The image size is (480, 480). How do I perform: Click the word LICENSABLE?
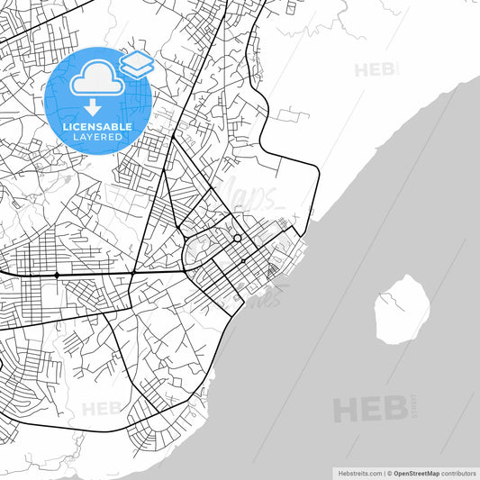point(96,127)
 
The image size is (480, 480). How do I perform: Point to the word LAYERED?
point(96,137)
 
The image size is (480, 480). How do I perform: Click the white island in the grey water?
point(402,309)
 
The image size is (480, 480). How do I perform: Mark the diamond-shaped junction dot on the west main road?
point(57,274)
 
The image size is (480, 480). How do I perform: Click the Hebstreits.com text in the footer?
point(359,472)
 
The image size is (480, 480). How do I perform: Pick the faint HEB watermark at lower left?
point(101,409)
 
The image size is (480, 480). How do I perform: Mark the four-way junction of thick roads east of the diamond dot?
point(133,274)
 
